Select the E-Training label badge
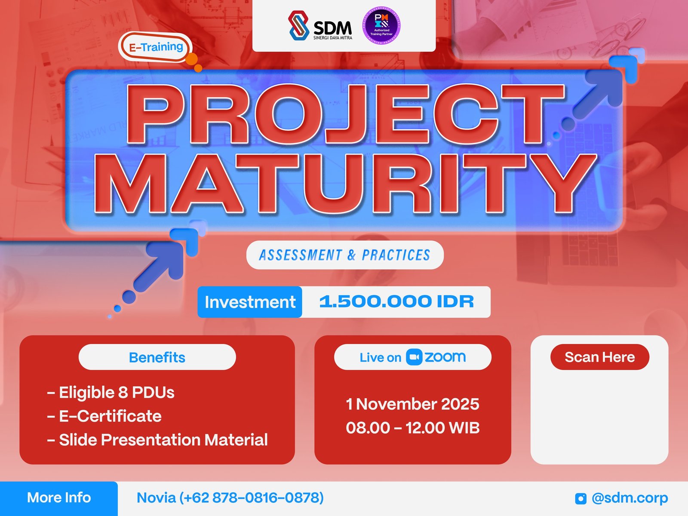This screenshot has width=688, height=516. tap(155, 47)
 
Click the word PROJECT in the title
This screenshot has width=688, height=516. tap(344, 114)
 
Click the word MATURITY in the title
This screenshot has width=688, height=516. tap(344, 184)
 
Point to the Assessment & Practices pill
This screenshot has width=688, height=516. tap(344, 255)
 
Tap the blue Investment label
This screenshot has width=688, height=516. tap(250, 302)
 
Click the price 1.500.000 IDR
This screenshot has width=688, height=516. tap(396, 302)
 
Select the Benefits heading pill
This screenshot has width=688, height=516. tap(157, 357)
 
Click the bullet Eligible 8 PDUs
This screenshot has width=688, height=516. tap(111, 392)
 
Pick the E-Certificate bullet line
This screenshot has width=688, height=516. tap(104, 416)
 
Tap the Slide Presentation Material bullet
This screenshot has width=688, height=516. tap(157, 439)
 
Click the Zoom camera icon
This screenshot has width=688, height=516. tap(414, 357)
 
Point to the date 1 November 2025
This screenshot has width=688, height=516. tap(412, 404)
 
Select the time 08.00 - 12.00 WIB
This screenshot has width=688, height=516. tap(412, 427)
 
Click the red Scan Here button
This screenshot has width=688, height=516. tap(599, 357)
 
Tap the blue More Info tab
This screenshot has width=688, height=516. tap(59, 498)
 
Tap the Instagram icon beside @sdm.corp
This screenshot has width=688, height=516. tap(580, 498)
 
